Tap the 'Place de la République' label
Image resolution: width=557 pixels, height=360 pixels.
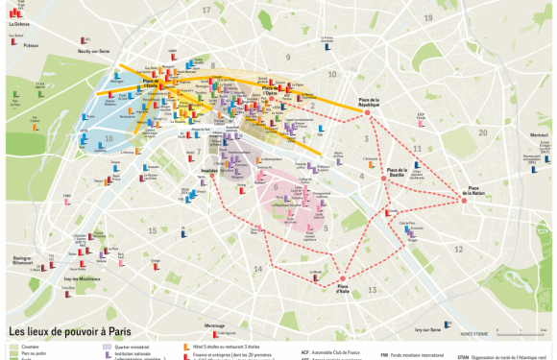click(369, 102)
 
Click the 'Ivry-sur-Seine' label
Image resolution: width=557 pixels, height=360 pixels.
click(428, 327)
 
